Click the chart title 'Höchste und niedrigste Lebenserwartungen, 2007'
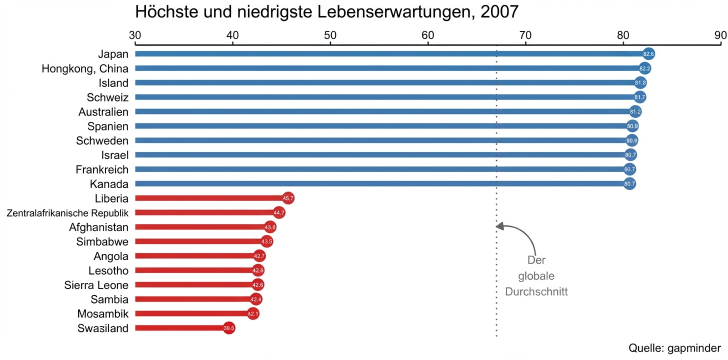coord(327,12)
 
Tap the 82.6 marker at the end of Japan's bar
coord(648,54)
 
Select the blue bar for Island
coord(385,83)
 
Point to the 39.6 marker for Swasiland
coord(229,328)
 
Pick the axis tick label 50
coord(330,35)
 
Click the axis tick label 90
coord(720,35)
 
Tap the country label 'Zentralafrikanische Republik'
coord(67,213)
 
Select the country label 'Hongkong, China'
coord(85,68)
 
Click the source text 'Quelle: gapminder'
coord(674,348)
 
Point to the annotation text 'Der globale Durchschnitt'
coord(536,276)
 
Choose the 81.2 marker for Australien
coord(635,111)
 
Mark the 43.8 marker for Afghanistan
coord(270,227)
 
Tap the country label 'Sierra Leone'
coord(96,285)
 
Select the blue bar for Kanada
coord(380,184)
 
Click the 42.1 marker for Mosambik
coord(253,314)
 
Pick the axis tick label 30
coord(135,35)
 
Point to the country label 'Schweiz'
coord(107,97)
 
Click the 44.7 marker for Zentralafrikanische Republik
coord(279,213)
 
